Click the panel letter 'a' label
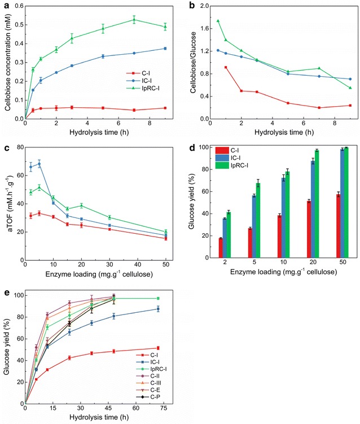click(4, 5)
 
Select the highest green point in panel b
click(218, 21)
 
